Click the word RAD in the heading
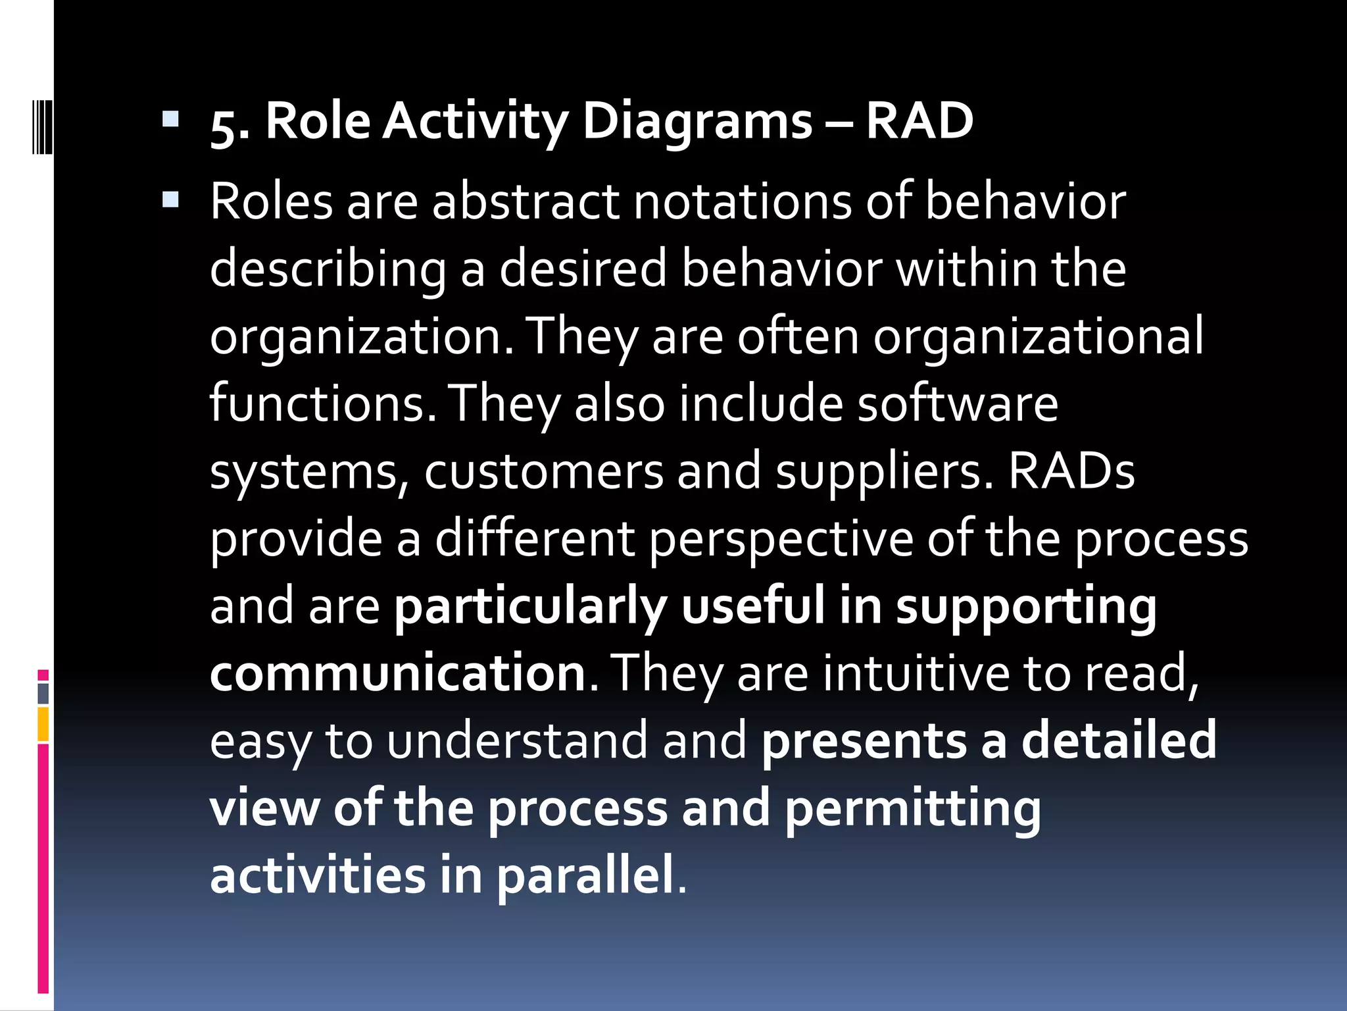click(x=919, y=122)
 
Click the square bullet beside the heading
click(x=170, y=118)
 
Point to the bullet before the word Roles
click(x=170, y=199)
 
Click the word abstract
click(x=526, y=201)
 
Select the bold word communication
click(x=398, y=673)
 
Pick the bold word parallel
click(x=585, y=876)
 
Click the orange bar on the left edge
click(x=43, y=724)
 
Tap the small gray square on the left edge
click(x=43, y=694)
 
